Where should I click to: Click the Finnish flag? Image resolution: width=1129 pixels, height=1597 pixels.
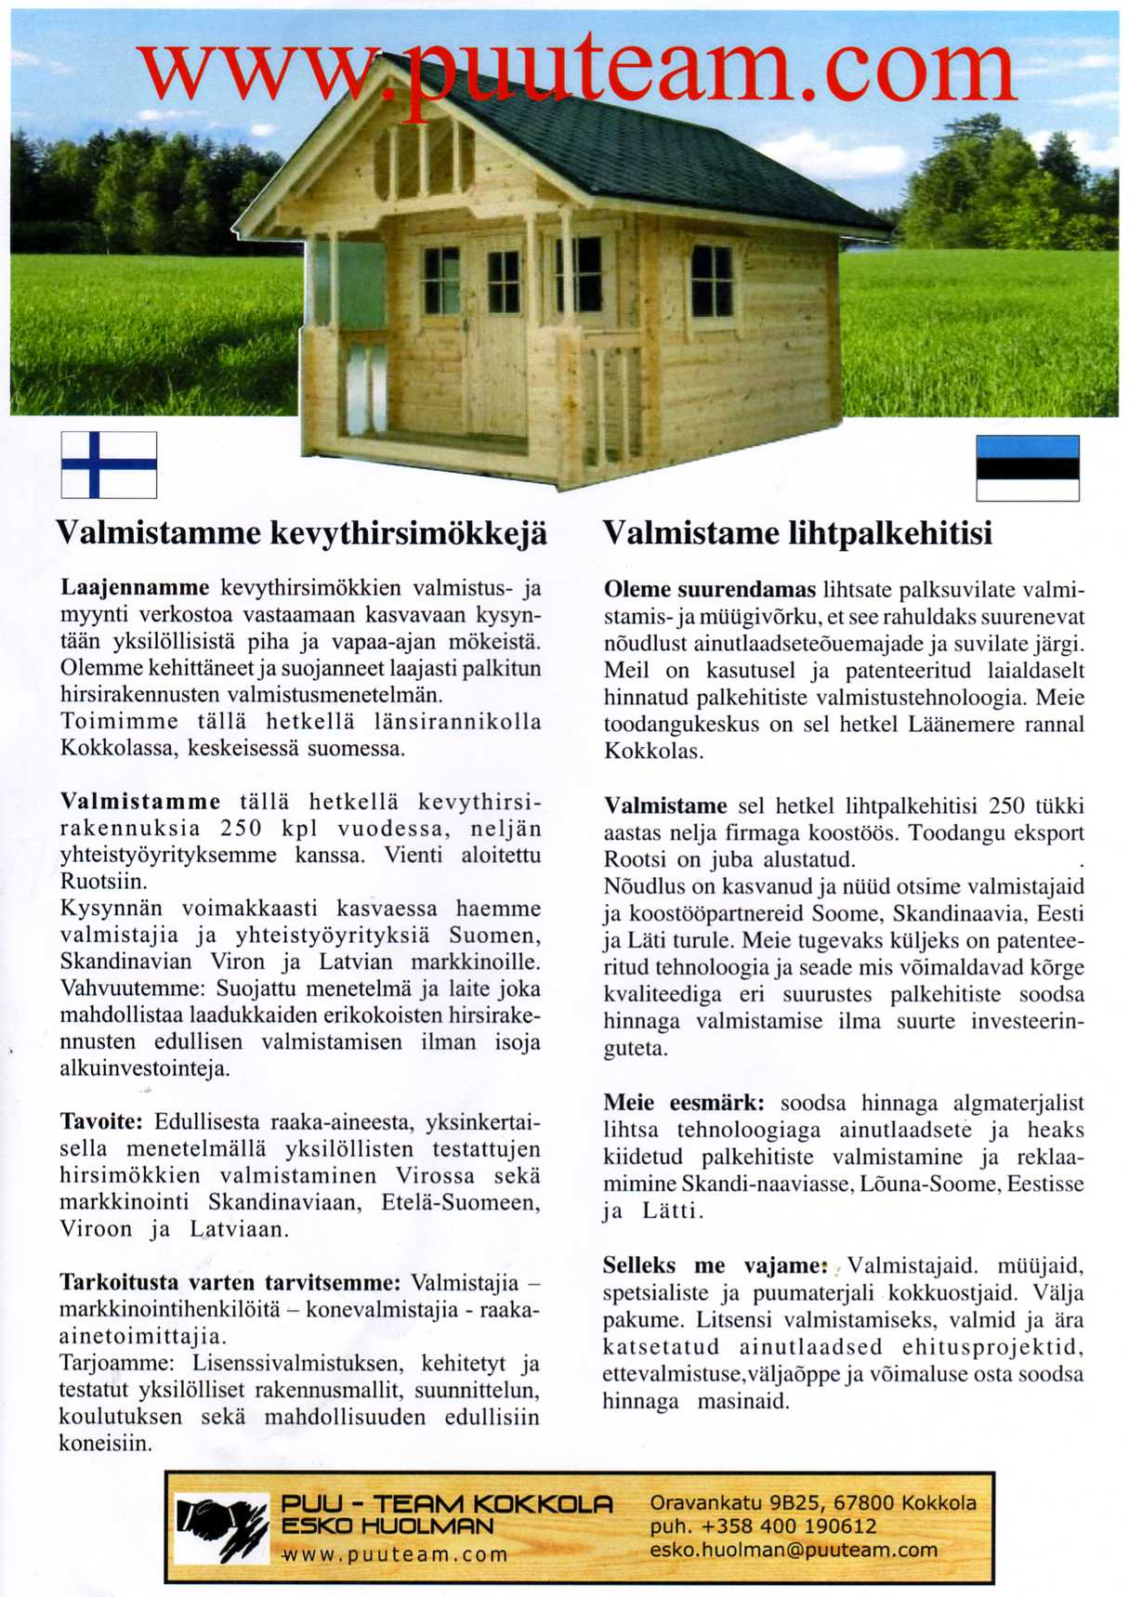tap(109, 465)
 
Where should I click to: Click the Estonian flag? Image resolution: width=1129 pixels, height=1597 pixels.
tap(1027, 468)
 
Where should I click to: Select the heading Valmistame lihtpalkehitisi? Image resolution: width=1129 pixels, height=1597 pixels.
tap(797, 534)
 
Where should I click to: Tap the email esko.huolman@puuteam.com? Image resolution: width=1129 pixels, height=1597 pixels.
tap(794, 1550)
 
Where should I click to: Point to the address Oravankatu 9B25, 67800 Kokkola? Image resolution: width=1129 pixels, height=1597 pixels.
tap(813, 1502)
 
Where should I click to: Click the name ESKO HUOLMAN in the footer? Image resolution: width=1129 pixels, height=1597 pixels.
tap(387, 1525)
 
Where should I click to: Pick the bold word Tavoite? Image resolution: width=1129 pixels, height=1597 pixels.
tap(100, 1121)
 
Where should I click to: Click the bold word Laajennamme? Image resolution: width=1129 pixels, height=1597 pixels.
tap(135, 588)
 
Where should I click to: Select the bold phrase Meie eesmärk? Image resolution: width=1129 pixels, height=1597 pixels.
tap(683, 1104)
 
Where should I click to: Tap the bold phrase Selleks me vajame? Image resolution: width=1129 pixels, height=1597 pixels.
tap(714, 1265)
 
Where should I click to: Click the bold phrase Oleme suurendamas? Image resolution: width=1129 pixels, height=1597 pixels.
tap(709, 590)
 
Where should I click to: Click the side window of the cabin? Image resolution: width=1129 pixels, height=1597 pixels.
tap(712, 281)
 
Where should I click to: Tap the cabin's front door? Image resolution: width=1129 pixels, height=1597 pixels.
tap(497, 344)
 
